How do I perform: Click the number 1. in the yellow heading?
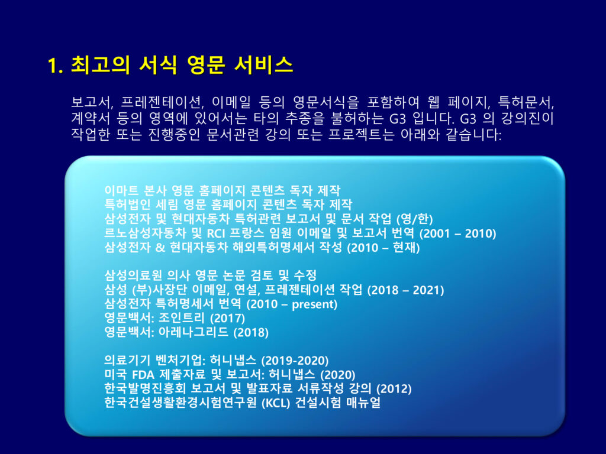(x=55, y=65)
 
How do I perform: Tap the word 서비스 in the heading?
(x=263, y=64)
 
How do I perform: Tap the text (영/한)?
(x=415, y=219)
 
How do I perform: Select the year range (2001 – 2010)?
(x=457, y=233)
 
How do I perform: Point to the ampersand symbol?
(x=160, y=248)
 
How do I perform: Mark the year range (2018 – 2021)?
(x=405, y=290)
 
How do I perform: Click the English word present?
(x=312, y=304)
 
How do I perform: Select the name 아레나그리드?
(x=194, y=332)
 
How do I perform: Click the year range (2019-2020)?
(x=295, y=361)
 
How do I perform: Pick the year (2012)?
(x=394, y=389)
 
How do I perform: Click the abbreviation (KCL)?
(x=276, y=403)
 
